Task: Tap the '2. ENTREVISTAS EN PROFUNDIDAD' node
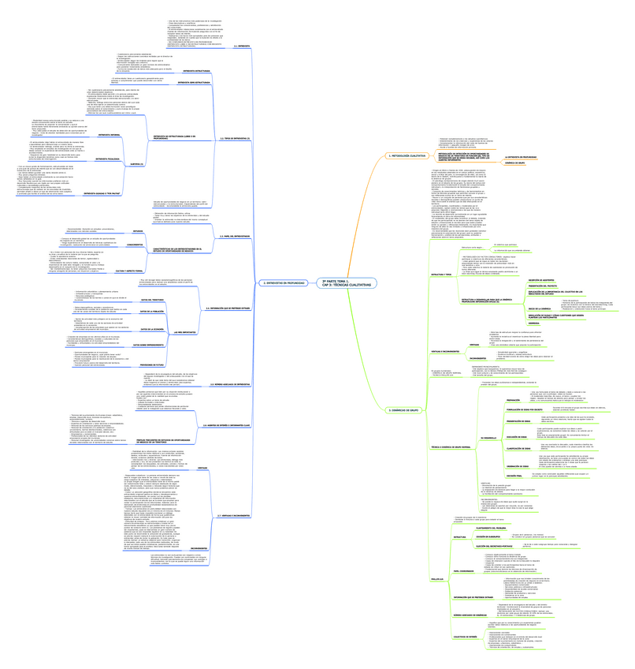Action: click(281, 282)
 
